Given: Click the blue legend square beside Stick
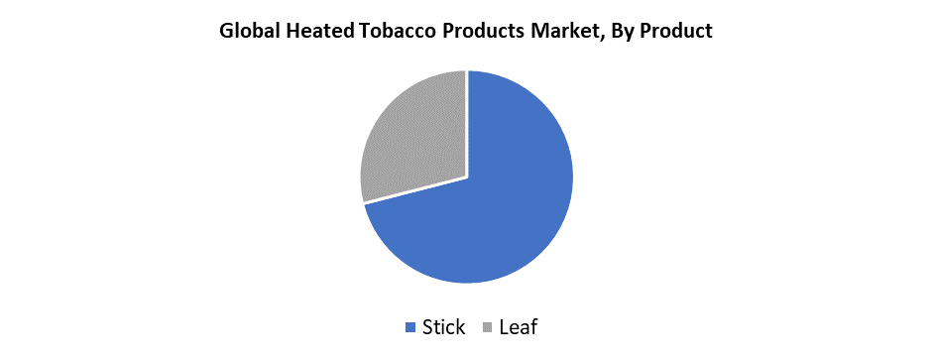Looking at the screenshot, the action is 409,327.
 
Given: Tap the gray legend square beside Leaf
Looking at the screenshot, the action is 488,327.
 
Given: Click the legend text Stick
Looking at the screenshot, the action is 443,326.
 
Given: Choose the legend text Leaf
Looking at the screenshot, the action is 519,326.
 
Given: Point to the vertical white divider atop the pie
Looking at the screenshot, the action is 467,124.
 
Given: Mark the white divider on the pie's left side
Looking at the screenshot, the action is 414,190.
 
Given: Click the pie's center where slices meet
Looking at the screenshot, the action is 467,178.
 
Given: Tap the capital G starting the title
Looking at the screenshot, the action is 226,31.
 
